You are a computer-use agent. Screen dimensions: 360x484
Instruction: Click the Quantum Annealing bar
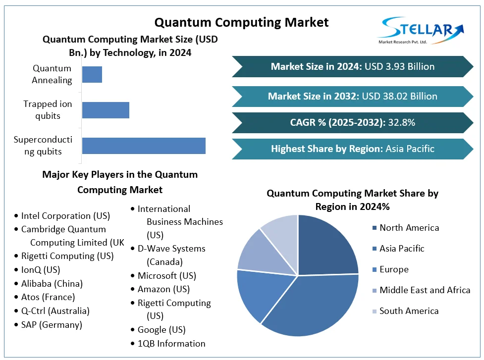pos(92,74)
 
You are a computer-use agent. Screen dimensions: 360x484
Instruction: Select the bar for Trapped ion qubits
pos(106,110)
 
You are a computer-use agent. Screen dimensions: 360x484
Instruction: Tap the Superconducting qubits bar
pos(144,146)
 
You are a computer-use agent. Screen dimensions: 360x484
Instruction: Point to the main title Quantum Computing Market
pos(241,22)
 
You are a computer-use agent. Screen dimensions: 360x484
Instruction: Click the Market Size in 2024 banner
pos(352,66)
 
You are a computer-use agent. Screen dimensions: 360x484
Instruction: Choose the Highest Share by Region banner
pos(352,149)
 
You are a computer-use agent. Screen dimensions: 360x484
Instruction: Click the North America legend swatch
pos(374,228)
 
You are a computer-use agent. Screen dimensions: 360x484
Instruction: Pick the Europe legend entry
pos(394,269)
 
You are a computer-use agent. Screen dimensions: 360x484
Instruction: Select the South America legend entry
pos(409,311)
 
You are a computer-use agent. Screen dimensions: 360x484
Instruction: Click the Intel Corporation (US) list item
pos(65,216)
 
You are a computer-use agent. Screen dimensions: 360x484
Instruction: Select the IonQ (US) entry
pos(41,270)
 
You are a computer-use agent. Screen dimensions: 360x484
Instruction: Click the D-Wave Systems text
pos(171,249)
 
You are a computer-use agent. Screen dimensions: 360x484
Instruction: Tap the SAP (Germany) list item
pos(52,325)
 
